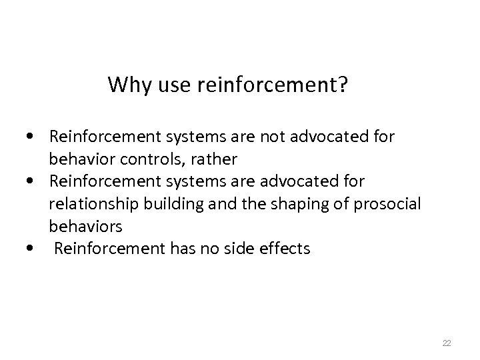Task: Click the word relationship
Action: click(x=91, y=204)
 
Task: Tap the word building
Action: click(x=167, y=204)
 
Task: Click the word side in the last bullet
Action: click(x=229, y=249)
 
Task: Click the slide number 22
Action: click(x=447, y=343)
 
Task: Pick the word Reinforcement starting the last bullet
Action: click(x=102, y=249)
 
